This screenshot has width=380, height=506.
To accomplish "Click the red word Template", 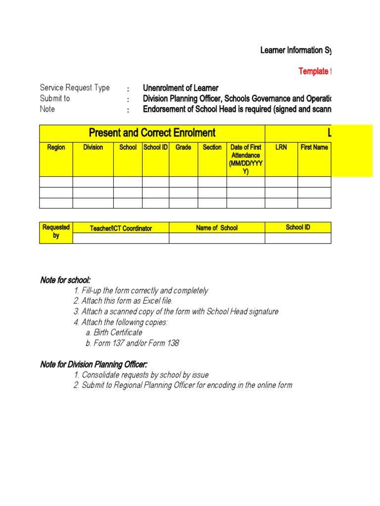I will [x=313, y=72].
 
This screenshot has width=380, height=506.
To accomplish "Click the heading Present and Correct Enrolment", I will [x=152, y=132].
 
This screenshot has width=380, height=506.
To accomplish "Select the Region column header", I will [x=56, y=147].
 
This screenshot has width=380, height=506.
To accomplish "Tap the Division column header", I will [x=93, y=147].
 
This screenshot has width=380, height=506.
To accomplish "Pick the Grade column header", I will [x=183, y=147].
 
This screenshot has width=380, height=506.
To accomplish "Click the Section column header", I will [x=212, y=147].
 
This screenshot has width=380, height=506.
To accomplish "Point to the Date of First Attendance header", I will [x=246, y=159].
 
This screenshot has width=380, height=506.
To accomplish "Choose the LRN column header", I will [x=281, y=147].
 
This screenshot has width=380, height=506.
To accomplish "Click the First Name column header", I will [x=314, y=147].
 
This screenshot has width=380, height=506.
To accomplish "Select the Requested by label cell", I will [x=56, y=232].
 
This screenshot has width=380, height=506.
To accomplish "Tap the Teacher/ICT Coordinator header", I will [x=121, y=228].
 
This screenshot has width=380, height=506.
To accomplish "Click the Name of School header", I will [x=217, y=228].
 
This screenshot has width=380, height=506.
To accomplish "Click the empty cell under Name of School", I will [x=217, y=238].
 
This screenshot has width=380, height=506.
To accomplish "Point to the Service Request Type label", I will [x=75, y=87].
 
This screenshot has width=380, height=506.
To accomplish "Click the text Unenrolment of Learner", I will [x=181, y=88].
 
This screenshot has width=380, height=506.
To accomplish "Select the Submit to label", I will [x=55, y=98].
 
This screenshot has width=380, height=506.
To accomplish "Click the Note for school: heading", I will [x=65, y=280].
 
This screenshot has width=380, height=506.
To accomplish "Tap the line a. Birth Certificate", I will [x=113, y=333].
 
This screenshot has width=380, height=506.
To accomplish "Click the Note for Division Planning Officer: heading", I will [x=94, y=365].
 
